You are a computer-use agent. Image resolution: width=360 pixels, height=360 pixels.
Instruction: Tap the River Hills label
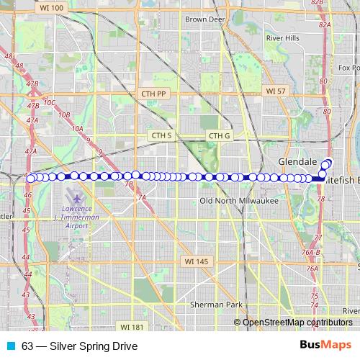coord(283,37)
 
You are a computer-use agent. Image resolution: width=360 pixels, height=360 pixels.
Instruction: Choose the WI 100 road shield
coord(50,6)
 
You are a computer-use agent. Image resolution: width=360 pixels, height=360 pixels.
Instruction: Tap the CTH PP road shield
coord(153,94)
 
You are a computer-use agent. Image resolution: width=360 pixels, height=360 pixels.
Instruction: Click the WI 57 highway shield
coord(276,91)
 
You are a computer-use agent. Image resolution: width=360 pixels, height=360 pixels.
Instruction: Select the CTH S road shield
coord(161,135)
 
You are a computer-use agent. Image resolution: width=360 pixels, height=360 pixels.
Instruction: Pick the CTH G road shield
coord(218,135)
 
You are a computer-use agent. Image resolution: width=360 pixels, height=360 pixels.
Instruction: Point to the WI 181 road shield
coord(132,327)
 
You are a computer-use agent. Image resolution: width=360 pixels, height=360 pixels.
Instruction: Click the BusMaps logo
coord(325,345)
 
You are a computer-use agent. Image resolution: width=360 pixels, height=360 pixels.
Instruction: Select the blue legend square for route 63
coord(11,346)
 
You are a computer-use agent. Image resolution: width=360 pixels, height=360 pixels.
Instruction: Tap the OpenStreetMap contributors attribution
coord(297,323)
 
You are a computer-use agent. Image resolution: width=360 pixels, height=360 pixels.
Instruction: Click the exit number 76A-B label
coord(310,252)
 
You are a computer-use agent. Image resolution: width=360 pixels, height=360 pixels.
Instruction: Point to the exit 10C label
coord(49,103)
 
